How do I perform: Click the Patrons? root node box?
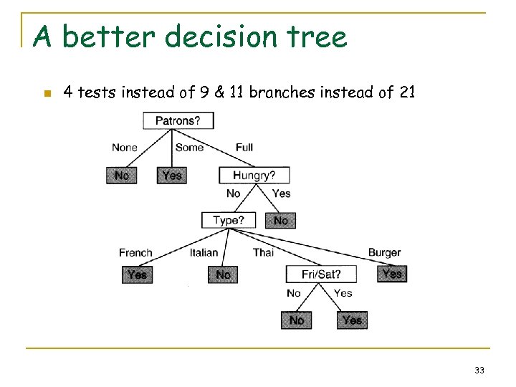[178, 120]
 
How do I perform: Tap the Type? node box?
[229, 220]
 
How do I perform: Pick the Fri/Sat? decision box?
[320, 274]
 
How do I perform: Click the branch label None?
[124, 148]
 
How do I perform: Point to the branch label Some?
[189, 148]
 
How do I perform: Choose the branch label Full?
[244, 148]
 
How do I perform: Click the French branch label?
[135, 252]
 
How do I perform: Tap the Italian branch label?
[204, 252]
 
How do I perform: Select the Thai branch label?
[263, 252]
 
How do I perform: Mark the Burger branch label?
[384, 252]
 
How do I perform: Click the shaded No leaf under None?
[122, 175]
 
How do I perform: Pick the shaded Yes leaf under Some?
[172, 175]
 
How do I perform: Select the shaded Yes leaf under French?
[137, 274]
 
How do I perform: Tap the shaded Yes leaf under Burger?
[392, 274]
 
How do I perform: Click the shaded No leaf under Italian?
[223, 274]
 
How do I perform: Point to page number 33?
[479, 371]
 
